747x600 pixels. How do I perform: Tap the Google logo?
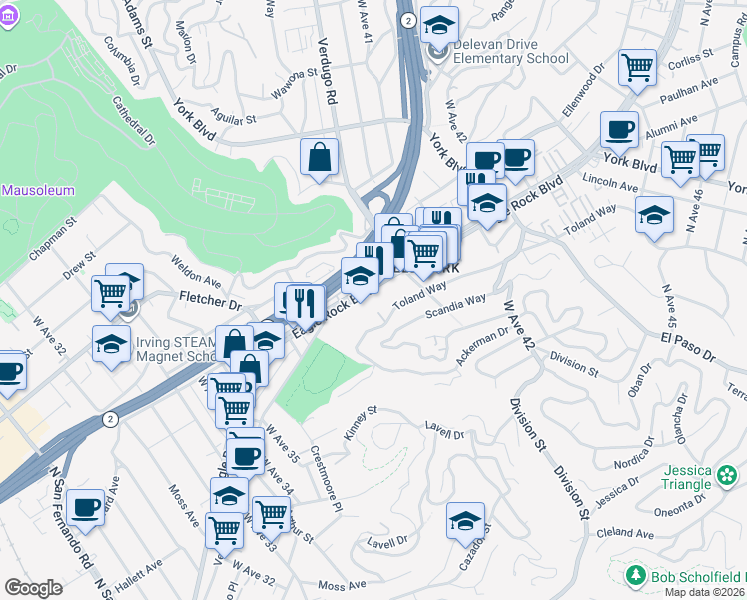(33, 588)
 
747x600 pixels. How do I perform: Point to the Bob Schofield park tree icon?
(634, 575)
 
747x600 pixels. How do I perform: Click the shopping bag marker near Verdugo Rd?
(319, 157)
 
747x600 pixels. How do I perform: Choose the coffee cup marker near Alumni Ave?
(619, 129)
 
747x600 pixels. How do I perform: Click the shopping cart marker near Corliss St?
(637, 68)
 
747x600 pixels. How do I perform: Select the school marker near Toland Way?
(654, 215)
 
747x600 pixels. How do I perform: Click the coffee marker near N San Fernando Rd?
(86, 507)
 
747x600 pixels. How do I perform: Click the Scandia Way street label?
(455, 306)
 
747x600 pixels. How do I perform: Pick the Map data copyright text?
(703, 592)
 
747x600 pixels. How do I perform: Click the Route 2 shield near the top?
(407, 20)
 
